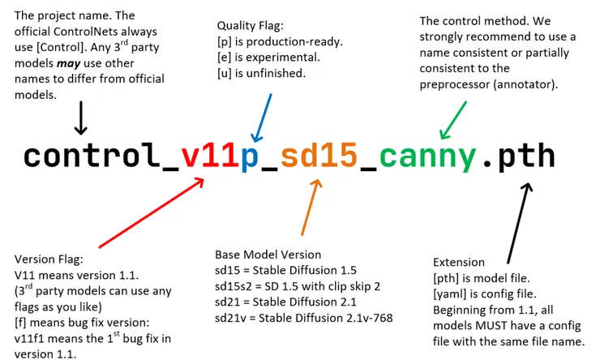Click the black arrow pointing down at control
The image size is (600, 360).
(x=79, y=120)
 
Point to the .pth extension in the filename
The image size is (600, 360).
(x=519, y=156)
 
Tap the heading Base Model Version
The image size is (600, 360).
(x=268, y=255)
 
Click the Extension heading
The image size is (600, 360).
(x=459, y=263)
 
